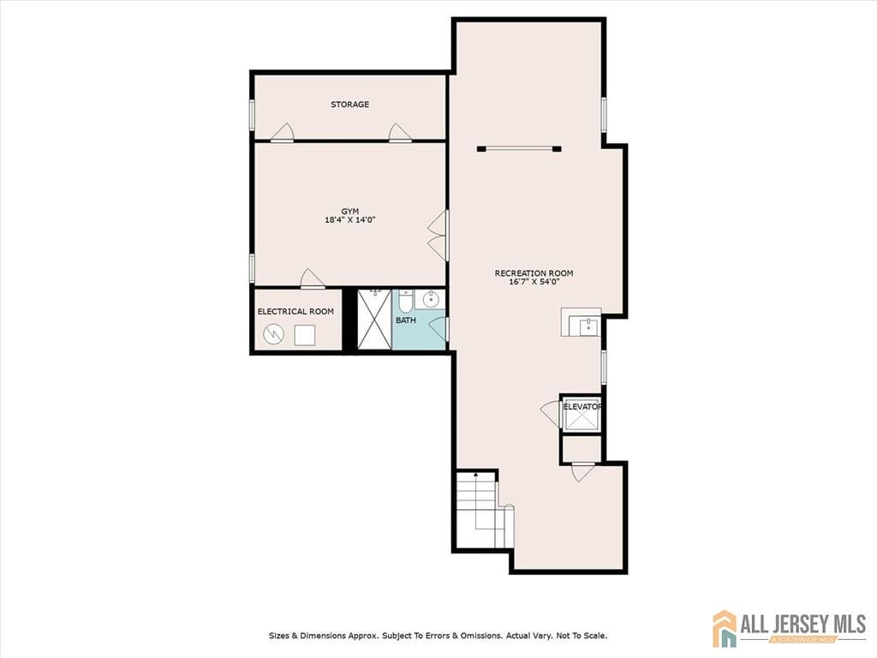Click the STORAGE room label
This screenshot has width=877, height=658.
pyautogui.click(x=349, y=104)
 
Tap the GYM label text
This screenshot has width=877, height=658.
pyautogui.click(x=350, y=212)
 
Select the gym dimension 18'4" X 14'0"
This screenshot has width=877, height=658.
pyautogui.click(x=350, y=220)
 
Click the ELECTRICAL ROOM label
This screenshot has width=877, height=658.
pyautogui.click(x=295, y=312)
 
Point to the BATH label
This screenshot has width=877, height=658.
pyautogui.click(x=405, y=320)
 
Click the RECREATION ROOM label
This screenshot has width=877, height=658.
pyautogui.click(x=534, y=273)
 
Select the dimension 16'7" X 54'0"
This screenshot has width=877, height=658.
pyautogui.click(x=534, y=282)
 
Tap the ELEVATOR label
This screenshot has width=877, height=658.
pyautogui.click(x=582, y=407)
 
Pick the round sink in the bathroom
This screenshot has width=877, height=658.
pyautogui.click(x=432, y=299)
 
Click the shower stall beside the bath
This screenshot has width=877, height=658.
pyautogui.click(x=374, y=320)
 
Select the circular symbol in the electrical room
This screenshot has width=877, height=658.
pyautogui.click(x=273, y=335)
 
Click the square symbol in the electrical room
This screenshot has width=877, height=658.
pyautogui.click(x=305, y=335)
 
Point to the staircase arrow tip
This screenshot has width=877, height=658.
pyautogui.click(x=476, y=474)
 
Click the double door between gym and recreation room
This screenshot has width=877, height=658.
pyautogui.click(x=438, y=235)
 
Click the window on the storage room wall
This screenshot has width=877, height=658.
pyautogui.click(x=253, y=116)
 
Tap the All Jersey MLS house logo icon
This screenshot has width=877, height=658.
pyautogui.click(x=725, y=628)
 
